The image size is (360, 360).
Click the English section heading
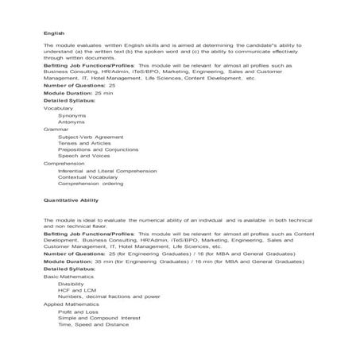click(x=53, y=33)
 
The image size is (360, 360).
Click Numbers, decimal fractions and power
click(x=109, y=296)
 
